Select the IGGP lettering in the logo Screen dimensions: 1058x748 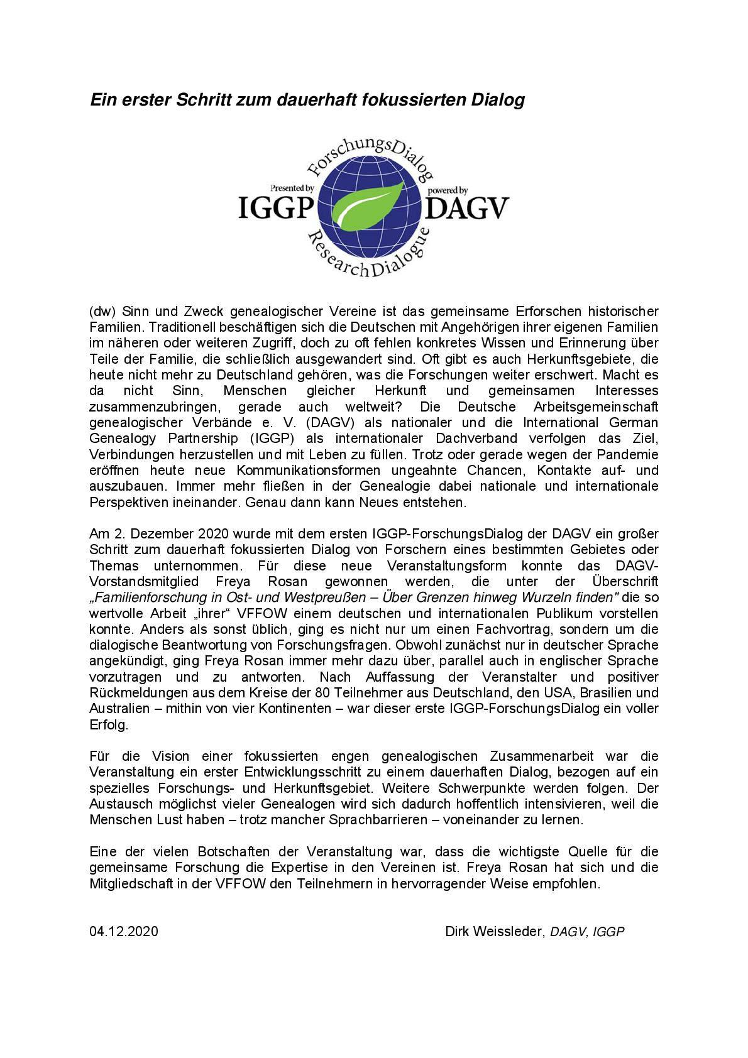point(276,208)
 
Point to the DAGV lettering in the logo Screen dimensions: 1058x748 point(468,208)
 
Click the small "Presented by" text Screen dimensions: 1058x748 point(292,188)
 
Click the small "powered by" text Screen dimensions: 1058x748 point(447,190)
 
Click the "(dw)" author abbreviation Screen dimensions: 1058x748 point(103,311)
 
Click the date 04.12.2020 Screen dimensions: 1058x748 point(124,931)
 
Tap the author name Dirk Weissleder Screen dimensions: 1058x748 point(493,931)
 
